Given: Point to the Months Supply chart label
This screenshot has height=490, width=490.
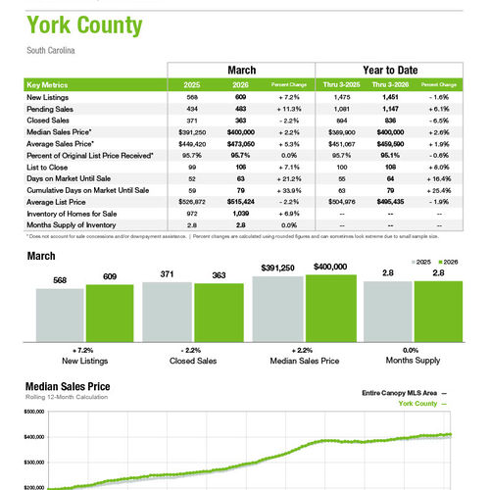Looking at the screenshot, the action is click(411, 360).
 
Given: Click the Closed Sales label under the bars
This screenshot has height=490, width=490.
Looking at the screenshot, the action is click(191, 360).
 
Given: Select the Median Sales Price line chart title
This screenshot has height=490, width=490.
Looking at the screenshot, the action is click(67, 387).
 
